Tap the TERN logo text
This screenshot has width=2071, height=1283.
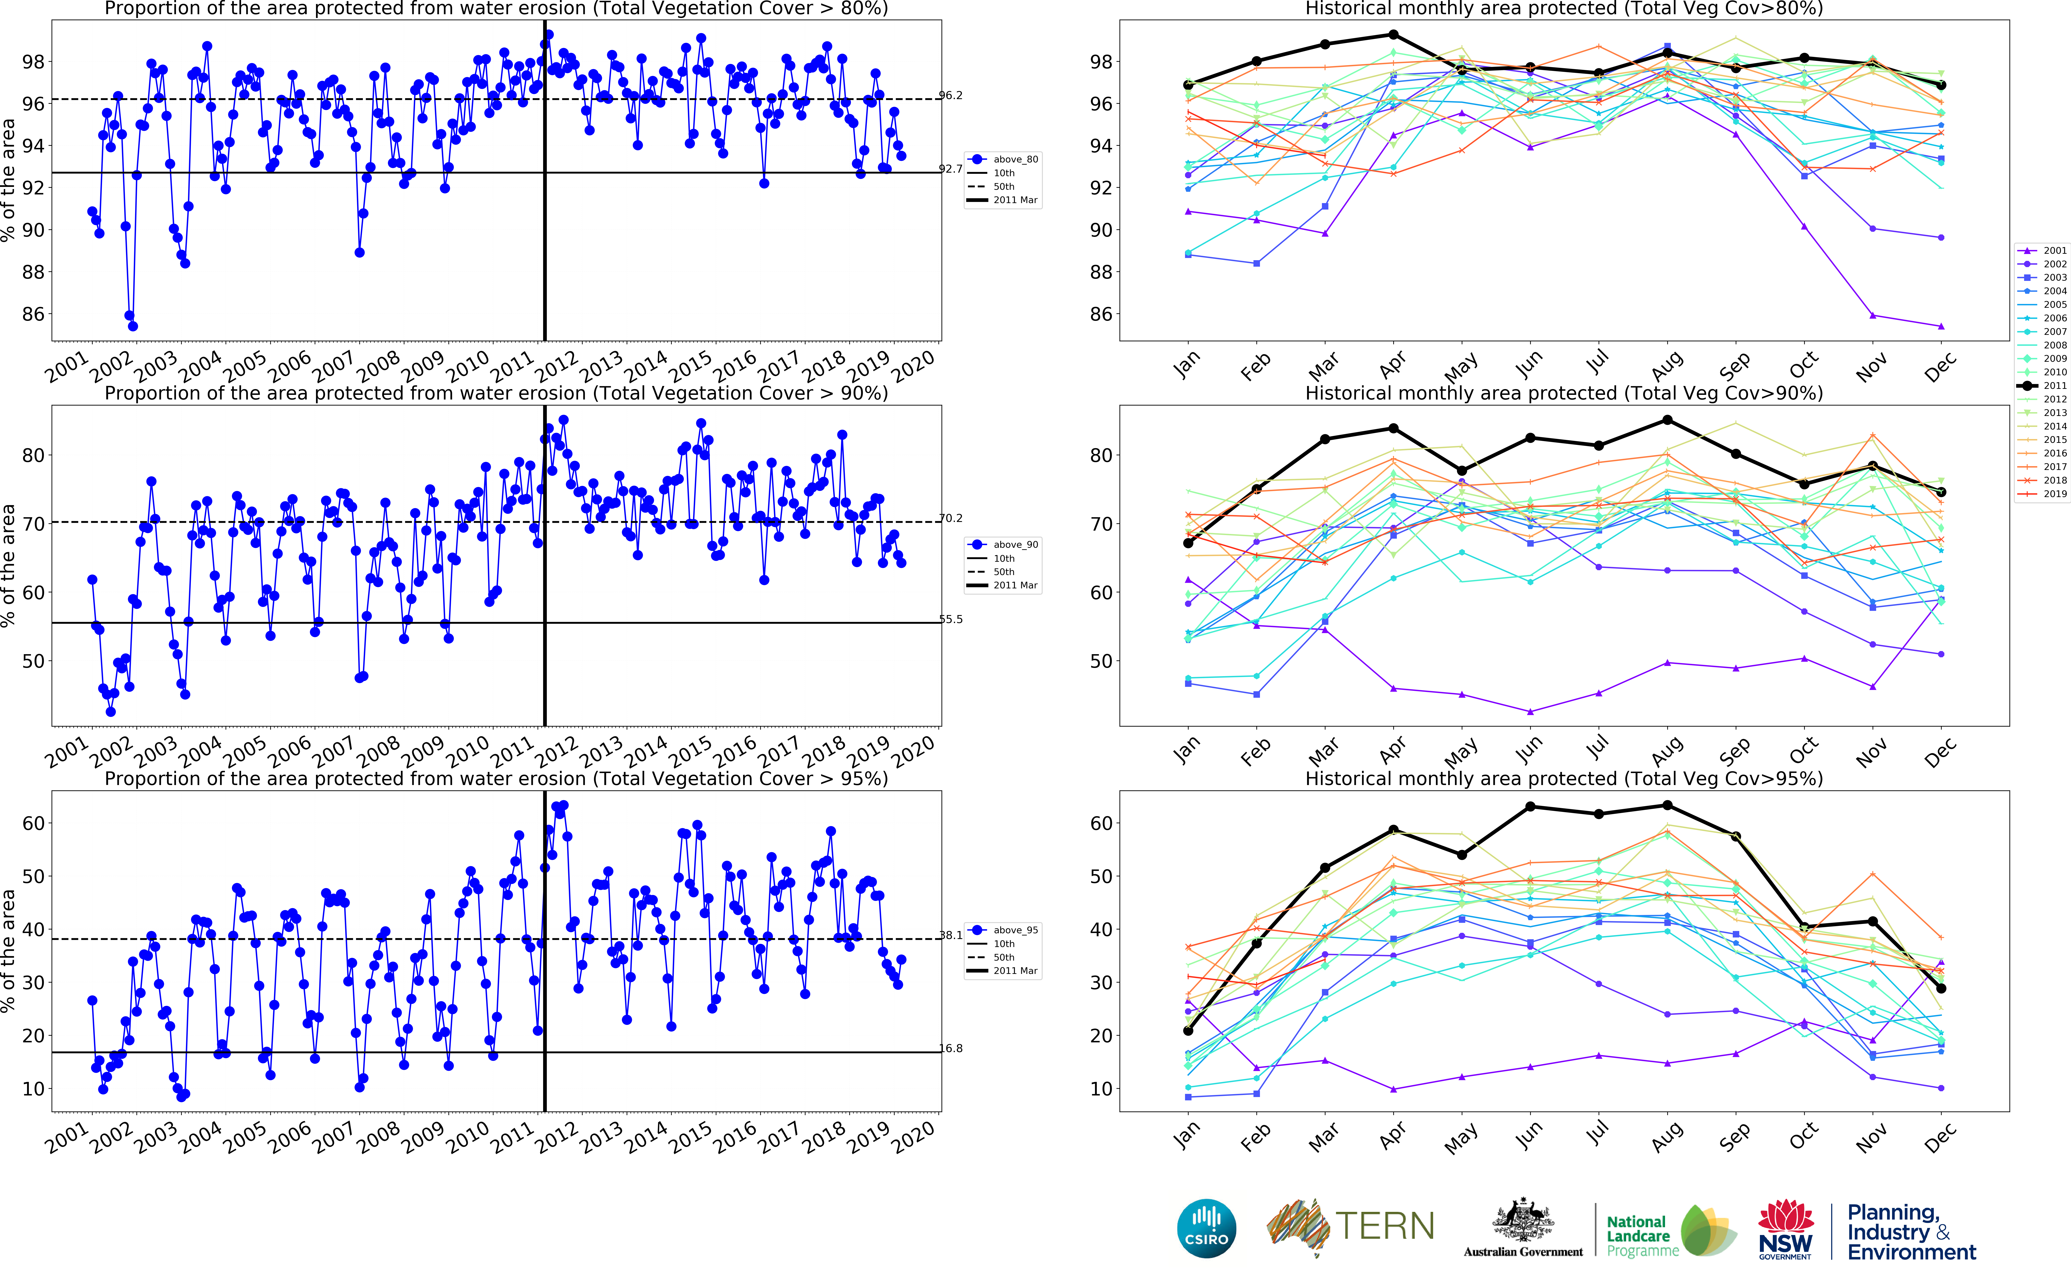pos(1385,1226)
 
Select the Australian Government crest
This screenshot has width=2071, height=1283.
pos(1523,1222)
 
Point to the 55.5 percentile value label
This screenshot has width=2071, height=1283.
pos(950,620)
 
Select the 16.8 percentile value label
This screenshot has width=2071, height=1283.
pos(950,1049)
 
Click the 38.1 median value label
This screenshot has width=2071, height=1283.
pos(950,935)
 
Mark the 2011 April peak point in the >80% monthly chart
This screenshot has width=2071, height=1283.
pos(1393,35)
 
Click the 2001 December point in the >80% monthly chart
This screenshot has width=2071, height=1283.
pos(1940,326)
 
